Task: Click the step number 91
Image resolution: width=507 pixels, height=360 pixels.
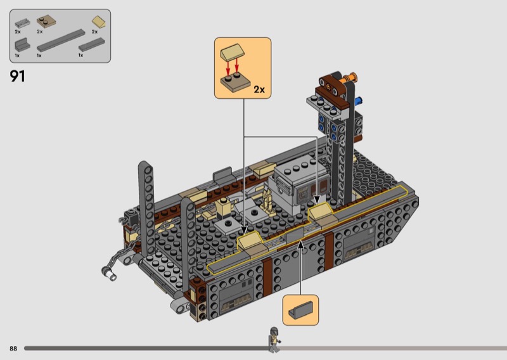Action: tap(18, 76)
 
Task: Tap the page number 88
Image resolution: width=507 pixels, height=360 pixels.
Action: tap(13, 349)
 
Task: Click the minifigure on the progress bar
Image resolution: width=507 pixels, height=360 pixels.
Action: tap(274, 339)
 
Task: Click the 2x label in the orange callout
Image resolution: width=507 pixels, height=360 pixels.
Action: tap(259, 89)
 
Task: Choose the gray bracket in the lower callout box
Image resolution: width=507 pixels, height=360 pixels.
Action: tap(300, 310)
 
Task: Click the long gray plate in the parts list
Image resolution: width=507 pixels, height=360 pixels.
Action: tap(61, 41)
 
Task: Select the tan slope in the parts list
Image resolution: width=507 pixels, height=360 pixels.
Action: tap(99, 22)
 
